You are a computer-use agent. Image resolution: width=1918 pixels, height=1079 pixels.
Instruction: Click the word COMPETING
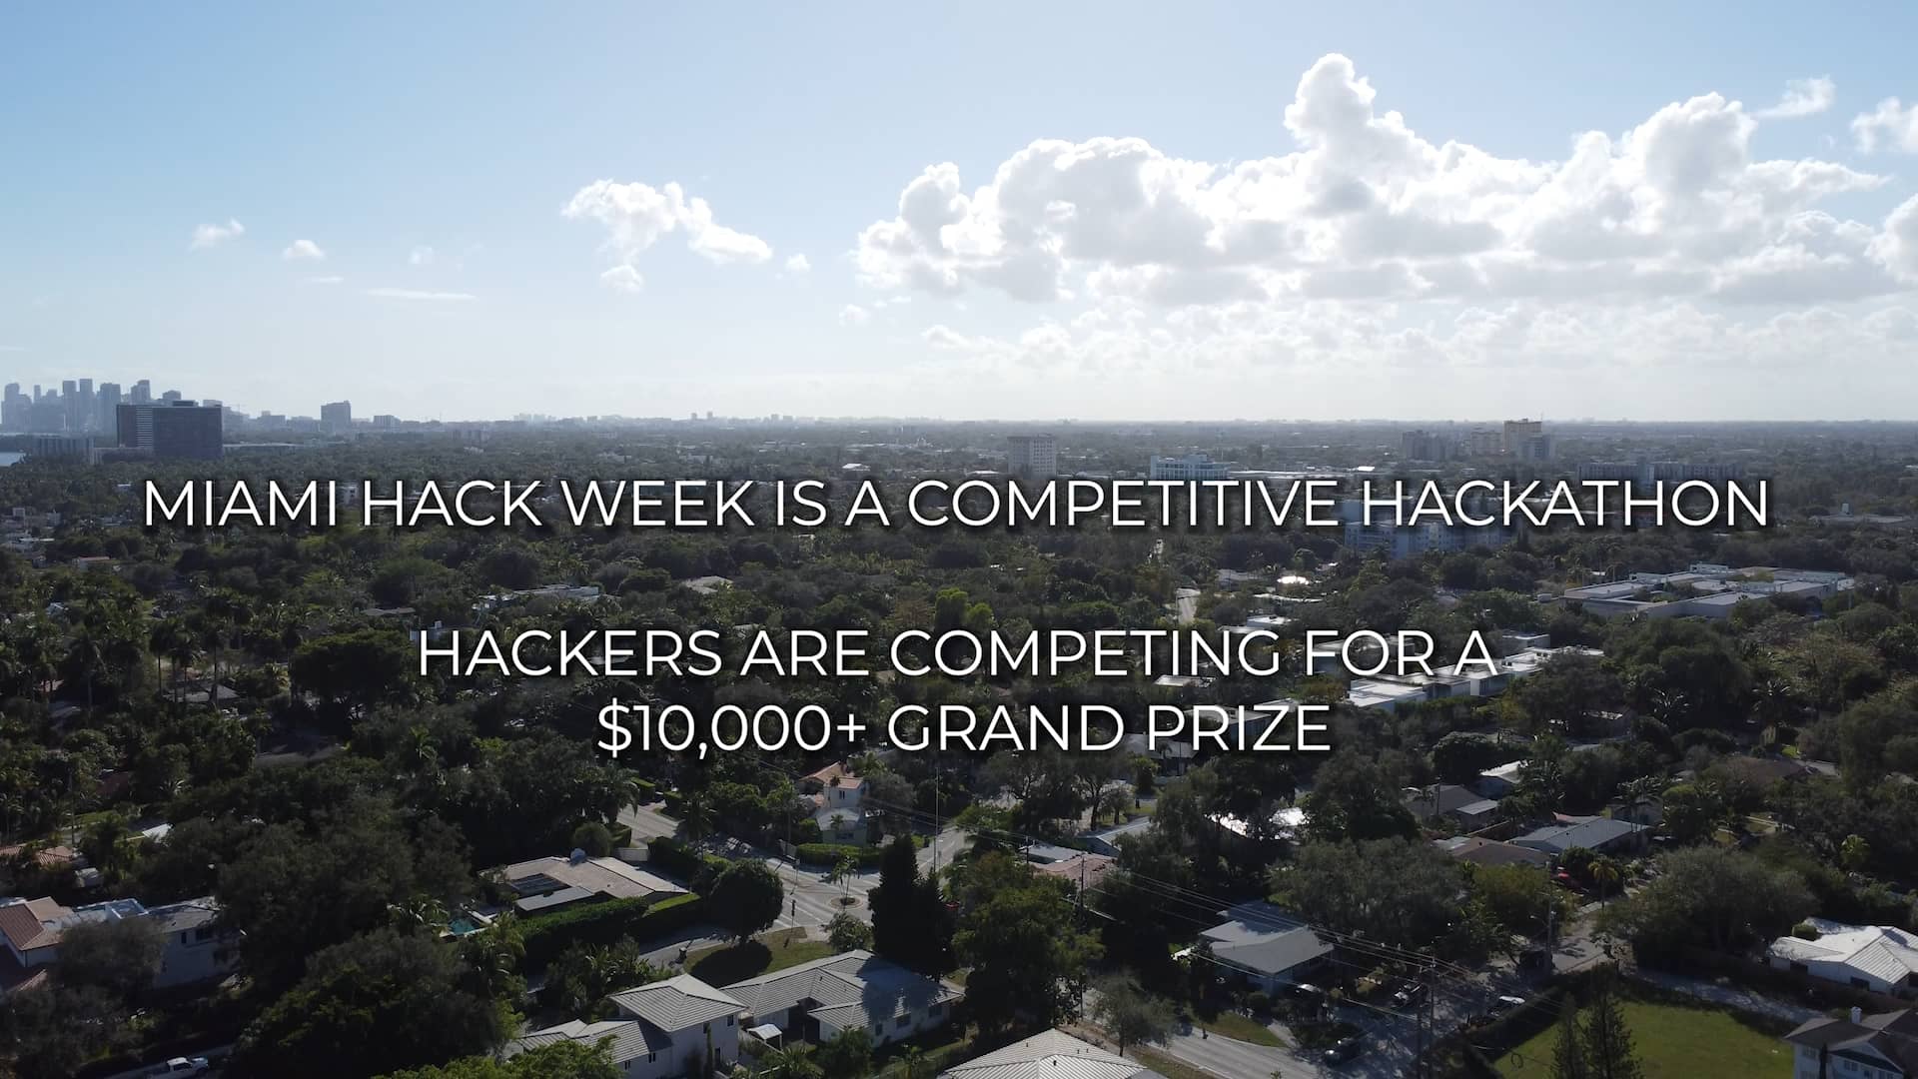(1085, 654)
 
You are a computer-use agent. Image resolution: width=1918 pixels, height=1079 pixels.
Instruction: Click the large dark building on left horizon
(170, 429)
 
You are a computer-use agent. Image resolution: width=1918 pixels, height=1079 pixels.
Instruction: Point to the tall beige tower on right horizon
(1520, 438)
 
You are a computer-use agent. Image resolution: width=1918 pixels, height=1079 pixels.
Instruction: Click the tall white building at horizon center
(1031, 455)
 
